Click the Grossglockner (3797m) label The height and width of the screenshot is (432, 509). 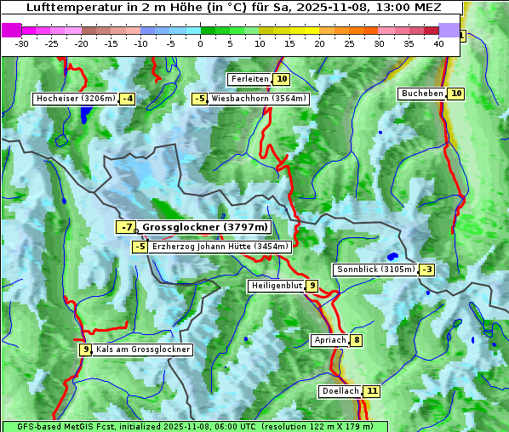pyautogui.click(x=204, y=227)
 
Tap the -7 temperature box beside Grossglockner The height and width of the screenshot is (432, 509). pyautogui.click(x=125, y=227)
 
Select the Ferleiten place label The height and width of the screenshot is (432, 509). pyautogui.click(x=249, y=79)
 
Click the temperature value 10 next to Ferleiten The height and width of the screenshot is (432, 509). pyautogui.click(x=282, y=79)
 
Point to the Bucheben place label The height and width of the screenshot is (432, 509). pyautogui.click(x=422, y=93)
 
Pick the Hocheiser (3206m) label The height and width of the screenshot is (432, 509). pyautogui.click(x=75, y=99)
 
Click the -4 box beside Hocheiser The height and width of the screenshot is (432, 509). pyautogui.click(x=127, y=99)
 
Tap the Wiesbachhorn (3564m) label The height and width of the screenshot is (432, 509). pyautogui.click(x=259, y=99)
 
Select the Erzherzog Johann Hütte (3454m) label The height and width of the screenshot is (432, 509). pyautogui.click(x=220, y=247)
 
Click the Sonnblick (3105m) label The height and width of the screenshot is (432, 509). pyautogui.click(x=375, y=270)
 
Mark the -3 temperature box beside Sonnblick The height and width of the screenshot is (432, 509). pyautogui.click(x=426, y=270)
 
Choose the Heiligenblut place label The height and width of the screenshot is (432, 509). pyautogui.click(x=276, y=286)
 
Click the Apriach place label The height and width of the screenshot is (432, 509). pyautogui.click(x=330, y=340)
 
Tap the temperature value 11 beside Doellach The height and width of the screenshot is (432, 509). pyautogui.click(x=372, y=391)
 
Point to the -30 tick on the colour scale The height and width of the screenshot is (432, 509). pyautogui.click(x=22, y=43)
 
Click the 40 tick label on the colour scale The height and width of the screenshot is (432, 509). pyautogui.click(x=438, y=43)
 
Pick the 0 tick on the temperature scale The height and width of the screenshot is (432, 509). pyautogui.click(x=200, y=43)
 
